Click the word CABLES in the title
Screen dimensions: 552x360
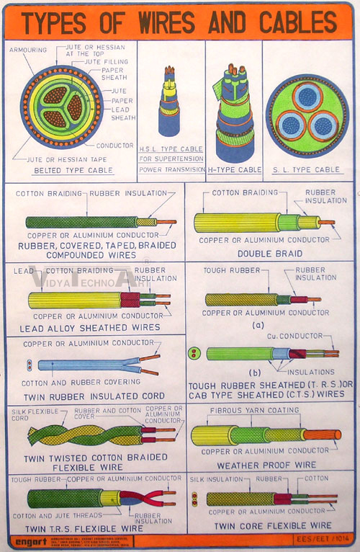click(x=295, y=22)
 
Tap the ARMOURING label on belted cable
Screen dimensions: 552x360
click(x=28, y=50)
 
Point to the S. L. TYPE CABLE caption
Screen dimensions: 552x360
click(x=307, y=170)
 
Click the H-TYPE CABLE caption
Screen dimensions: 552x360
click(x=234, y=170)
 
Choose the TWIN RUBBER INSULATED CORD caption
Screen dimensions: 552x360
click(x=92, y=396)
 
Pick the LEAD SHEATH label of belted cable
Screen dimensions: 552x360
click(x=122, y=113)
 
